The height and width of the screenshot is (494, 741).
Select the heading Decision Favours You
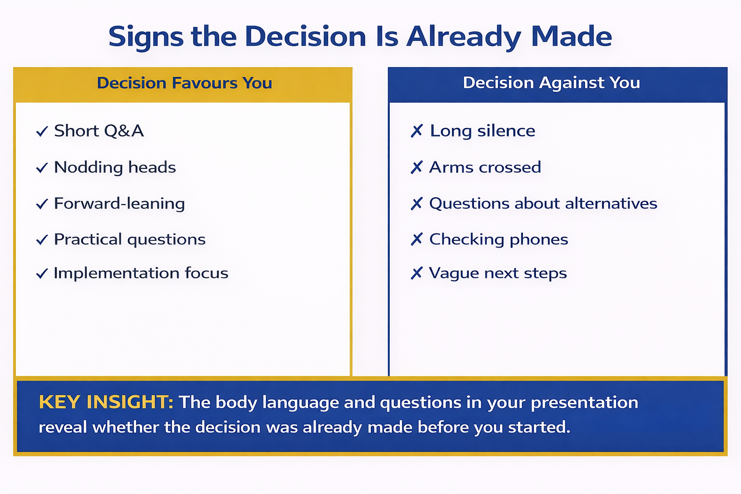[x=184, y=83]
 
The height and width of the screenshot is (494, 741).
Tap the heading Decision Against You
[x=551, y=82]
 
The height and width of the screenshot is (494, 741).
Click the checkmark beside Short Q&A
[x=42, y=131]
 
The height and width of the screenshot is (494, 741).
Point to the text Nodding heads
[x=115, y=167]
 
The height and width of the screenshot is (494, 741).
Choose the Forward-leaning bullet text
[x=119, y=203]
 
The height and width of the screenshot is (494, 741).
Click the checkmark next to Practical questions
[x=42, y=240]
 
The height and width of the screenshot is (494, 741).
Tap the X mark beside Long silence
[x=417, y=131]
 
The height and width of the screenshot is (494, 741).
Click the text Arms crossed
[x=485, y=167]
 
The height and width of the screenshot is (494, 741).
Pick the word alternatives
[x=611, y=203]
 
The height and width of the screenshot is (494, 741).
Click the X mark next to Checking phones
[x=417, y=239]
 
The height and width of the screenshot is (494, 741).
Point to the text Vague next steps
[x=497, y=273]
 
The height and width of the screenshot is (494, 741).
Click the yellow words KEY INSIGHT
[x=106, y=402]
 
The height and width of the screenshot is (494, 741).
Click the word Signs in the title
[x=146, y=37]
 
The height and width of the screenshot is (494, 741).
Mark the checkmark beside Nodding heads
[x=42, y=168]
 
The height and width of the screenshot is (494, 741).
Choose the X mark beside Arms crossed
[x=417, y=167]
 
